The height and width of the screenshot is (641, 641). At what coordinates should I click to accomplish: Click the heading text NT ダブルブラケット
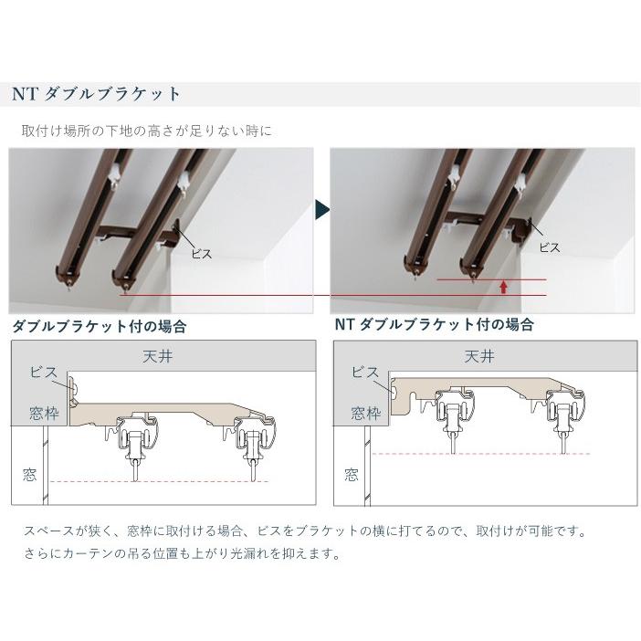97,94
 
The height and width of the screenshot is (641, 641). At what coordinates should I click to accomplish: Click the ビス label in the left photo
201,253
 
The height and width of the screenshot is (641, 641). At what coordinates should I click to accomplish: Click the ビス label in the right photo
550,246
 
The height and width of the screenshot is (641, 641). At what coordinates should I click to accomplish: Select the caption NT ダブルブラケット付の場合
434,325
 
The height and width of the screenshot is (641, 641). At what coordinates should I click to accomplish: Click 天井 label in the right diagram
478,356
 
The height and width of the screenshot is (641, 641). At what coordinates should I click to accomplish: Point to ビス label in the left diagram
43,373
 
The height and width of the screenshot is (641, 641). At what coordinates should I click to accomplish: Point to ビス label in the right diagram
364,372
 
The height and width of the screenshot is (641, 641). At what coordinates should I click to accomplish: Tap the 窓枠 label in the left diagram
44,414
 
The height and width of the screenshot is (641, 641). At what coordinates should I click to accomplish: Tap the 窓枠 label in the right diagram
365,414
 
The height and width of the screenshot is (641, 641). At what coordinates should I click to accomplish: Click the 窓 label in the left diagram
29,475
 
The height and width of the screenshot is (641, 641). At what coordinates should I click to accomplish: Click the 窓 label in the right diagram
351,475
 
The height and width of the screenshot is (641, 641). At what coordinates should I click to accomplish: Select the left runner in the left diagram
133,447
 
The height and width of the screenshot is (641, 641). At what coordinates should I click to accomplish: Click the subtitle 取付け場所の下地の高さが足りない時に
147,131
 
